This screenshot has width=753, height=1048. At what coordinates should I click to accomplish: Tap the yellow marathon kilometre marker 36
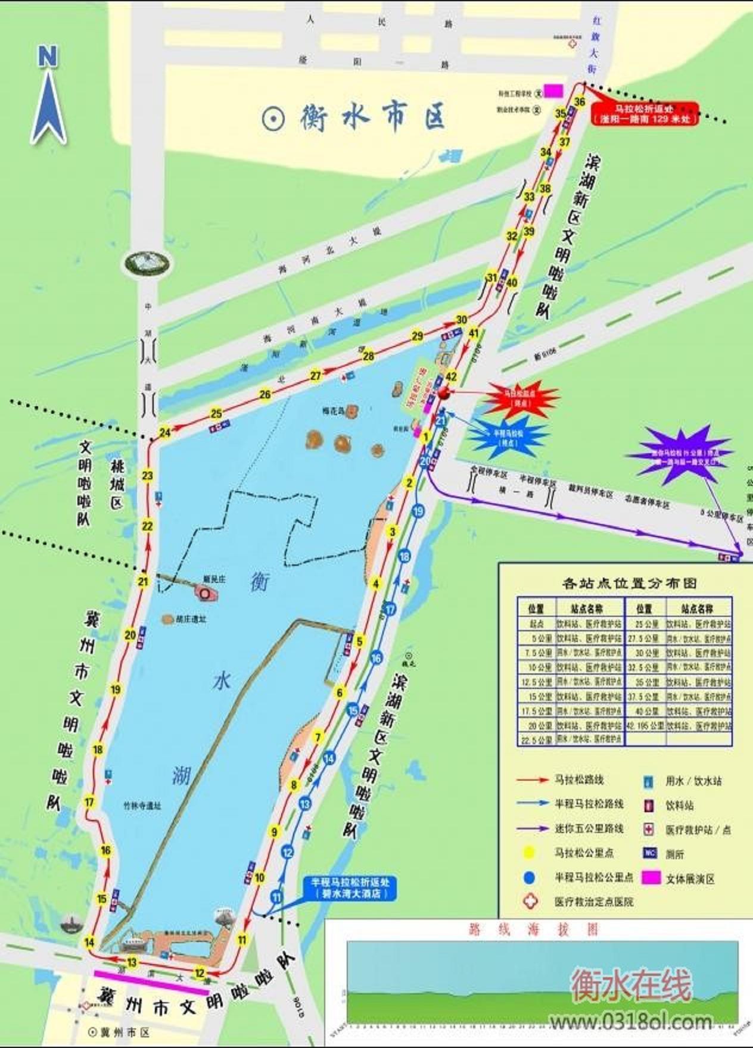click(x=579, y=102)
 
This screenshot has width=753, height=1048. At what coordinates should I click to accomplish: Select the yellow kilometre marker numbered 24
click(x=165, y=432)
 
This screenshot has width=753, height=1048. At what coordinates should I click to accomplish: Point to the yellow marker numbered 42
click(x=451, y=376)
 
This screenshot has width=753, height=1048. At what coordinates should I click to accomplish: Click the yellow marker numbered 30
click(x=461, y=320)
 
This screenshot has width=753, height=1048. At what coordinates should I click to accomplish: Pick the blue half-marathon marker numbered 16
click(x=376, y=658)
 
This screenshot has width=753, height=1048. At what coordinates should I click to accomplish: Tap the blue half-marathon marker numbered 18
click(x=404, y=557)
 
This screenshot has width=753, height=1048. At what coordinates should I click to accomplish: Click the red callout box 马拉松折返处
click(x=645, y=114)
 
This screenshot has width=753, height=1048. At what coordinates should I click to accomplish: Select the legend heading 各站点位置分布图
click(x=629, y=583)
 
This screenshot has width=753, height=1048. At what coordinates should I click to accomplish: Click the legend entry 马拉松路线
click(x=580, y=779)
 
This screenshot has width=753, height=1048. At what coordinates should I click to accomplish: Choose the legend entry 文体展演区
click(x=689, y=878)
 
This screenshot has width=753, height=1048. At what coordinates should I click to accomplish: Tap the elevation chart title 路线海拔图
click(x=533, y=929)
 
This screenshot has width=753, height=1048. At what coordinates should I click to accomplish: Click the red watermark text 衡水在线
click(x=631, y=985)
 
